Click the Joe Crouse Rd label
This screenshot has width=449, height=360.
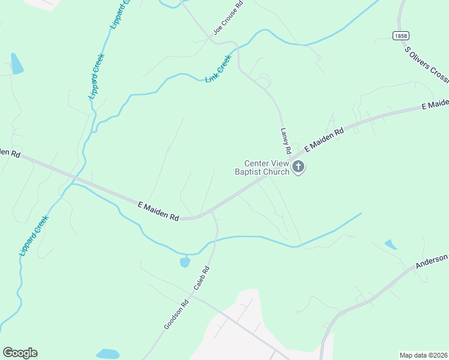228,17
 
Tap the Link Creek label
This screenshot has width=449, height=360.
218,69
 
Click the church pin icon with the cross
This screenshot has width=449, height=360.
298,167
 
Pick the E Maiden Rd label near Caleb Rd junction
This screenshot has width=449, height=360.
158,211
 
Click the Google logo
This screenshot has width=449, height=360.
20,353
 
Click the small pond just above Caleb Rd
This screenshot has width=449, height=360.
185,262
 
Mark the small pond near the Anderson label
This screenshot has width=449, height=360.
391,244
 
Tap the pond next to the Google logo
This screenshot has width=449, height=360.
108,354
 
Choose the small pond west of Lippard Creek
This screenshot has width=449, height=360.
16,64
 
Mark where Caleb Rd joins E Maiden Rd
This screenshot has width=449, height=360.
212,212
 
